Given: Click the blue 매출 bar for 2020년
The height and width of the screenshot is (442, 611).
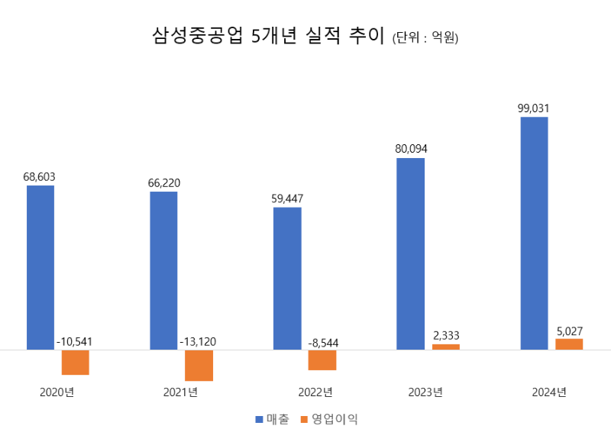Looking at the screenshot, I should [x=40, y=267].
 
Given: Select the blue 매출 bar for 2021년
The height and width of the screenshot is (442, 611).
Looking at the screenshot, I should [x=163, y=270].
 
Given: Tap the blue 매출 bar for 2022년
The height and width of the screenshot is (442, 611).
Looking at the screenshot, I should [x=287, y=278].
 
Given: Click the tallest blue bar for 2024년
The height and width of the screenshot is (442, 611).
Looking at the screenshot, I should [x=534, y=233].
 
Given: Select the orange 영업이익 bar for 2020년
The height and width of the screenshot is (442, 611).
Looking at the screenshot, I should [x=76, y=362].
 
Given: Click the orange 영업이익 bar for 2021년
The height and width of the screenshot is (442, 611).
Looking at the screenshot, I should [x=199, y=365].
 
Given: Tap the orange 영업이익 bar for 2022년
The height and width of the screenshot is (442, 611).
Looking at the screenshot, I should [x=322, y=360].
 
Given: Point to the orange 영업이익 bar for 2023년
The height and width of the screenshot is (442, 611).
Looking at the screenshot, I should [x=446, y=347].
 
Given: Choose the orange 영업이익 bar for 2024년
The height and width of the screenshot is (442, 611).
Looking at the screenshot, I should [x=569, y=344].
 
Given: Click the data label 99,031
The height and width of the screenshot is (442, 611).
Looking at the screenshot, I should [x=533, y=108].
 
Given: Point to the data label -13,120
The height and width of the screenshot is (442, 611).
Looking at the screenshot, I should [x=199, y=341].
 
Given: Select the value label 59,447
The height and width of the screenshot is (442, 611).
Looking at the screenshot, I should [x=287, y=198].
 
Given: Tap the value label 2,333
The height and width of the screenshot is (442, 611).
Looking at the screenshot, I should [x=446, y=335].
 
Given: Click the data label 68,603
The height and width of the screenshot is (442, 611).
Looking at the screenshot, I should [x=40, y=176].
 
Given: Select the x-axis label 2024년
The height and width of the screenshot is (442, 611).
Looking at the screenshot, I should [x=549, y=392].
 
